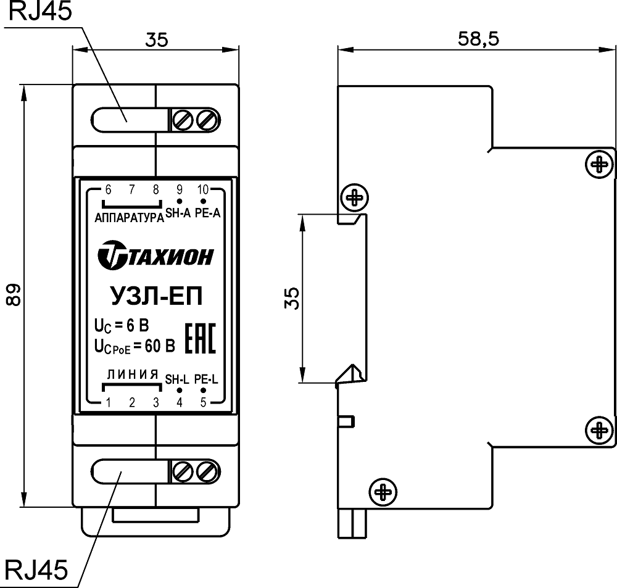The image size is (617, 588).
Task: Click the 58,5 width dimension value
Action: click(x=478, y=38)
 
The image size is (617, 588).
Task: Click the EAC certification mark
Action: click(x=201, y=337)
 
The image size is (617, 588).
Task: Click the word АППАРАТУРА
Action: click(x=128, y=217)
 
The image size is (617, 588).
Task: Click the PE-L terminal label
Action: click(x=206, y=379)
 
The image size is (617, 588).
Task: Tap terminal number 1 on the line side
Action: click(x=108, y=403)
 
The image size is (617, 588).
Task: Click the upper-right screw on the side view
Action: click(x=598, y=164)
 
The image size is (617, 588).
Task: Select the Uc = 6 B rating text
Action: click(x=121, y=324)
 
